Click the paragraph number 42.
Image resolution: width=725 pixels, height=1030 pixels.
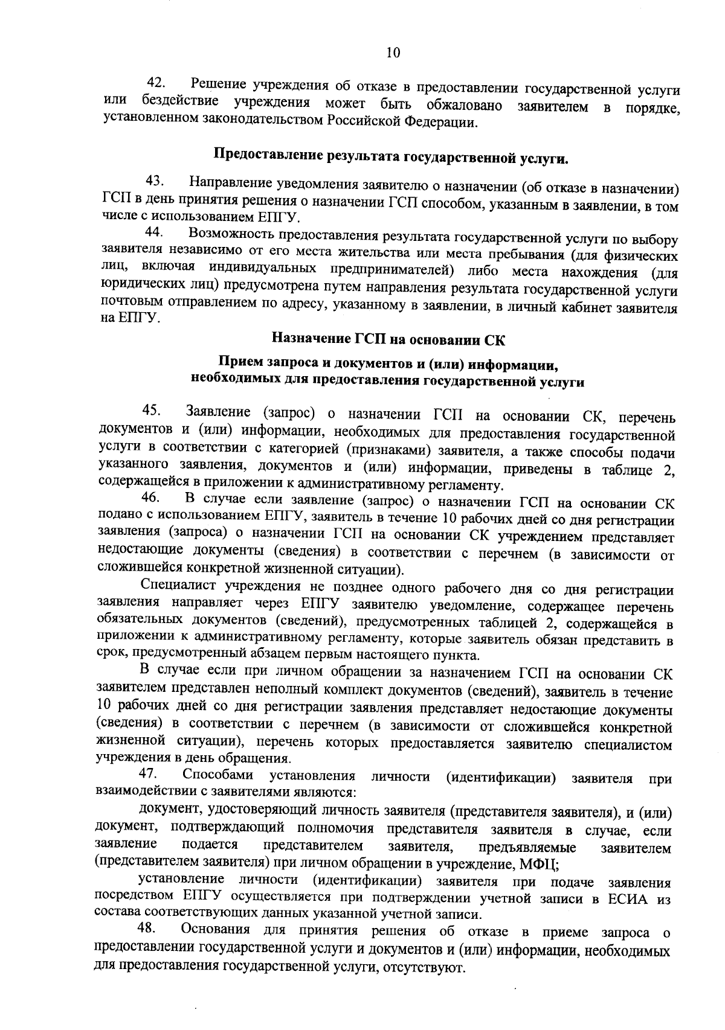[x=158, y=82]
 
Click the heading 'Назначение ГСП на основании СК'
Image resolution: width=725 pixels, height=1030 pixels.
[x=388, y=339]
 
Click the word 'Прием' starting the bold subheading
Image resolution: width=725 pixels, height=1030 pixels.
[x=239, y=363]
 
